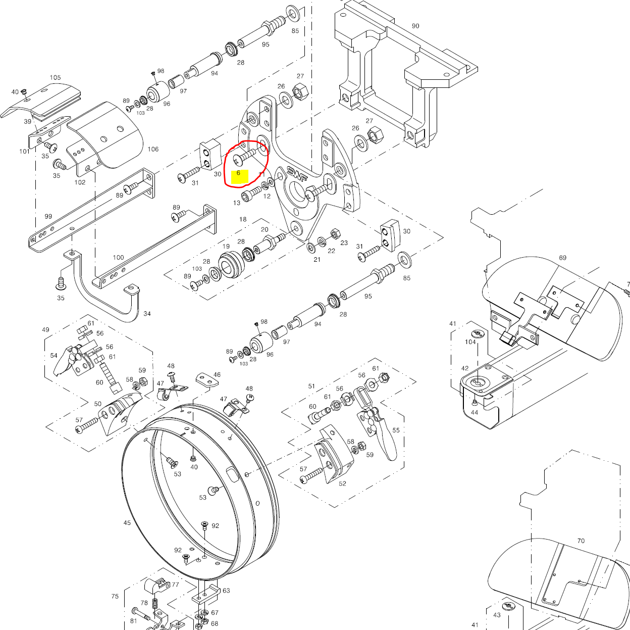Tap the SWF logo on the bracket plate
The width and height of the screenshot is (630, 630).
click(x=297, y=174)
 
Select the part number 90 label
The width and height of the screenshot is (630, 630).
click(x=415, y=26)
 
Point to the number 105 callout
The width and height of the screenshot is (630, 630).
click(x=55, y=78)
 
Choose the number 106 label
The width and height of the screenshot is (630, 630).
click(x=153, y=149)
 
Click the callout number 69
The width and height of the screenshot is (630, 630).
click(x=562, y=258)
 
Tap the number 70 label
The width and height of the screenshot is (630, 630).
click(x=581, y=541)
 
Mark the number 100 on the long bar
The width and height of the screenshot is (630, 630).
click(x=118, y=257)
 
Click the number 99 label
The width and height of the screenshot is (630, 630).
click(x=48, y=216)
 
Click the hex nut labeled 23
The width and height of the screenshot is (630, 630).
click(x=334, y=234)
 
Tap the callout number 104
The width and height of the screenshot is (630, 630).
click(x=470, y=342)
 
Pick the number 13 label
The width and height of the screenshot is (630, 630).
click(x=236, y=203)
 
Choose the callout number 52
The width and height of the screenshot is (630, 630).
click(x=343, y=483)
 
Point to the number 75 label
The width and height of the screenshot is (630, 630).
click(x=115, y=596)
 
